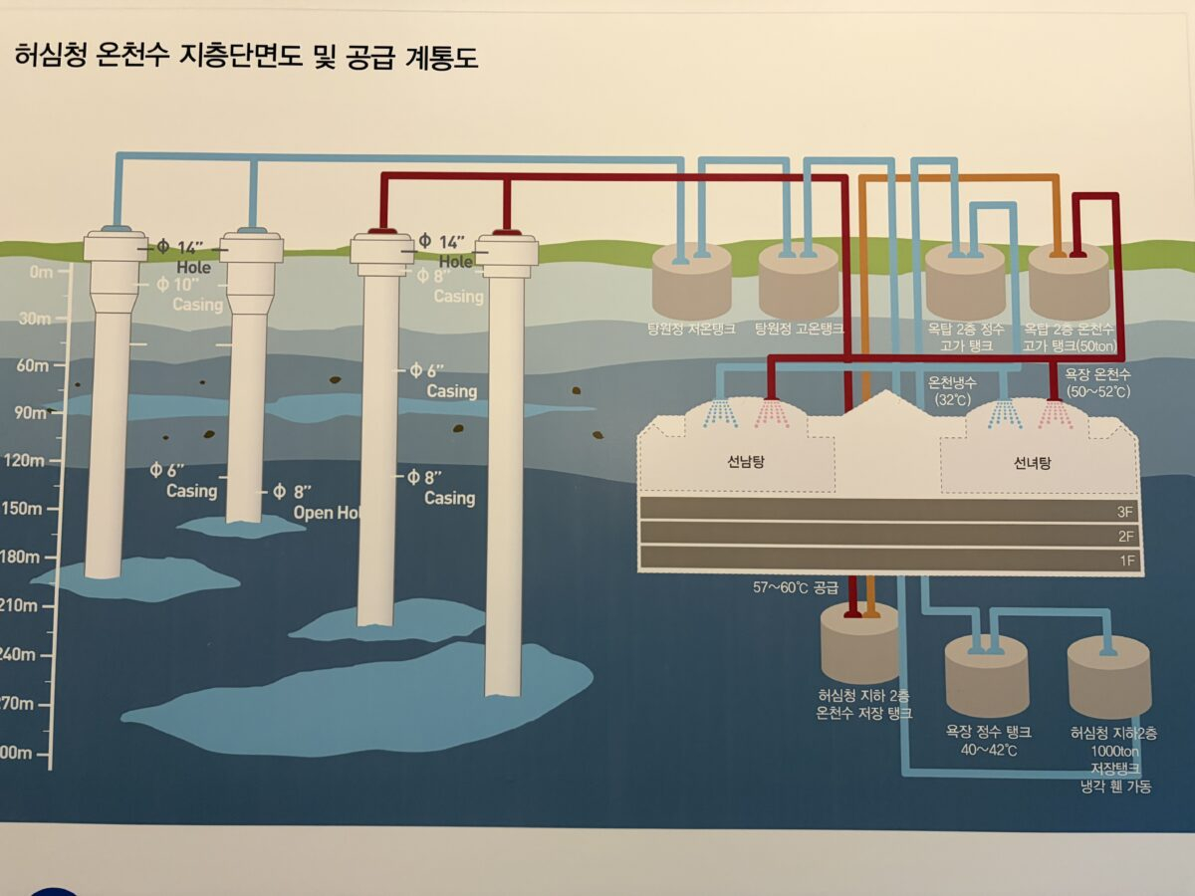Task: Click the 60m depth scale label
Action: [x=32, y=365]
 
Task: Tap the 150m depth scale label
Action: [x=26, y=509]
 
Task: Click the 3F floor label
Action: [x=1126, y=512]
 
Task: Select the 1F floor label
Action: [x=1126, y=561]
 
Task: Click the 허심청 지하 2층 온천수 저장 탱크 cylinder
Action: [x=858, y=645]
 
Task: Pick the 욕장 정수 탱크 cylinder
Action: [x=986, y=677]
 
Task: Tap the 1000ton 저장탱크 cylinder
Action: [x=1109, y=681]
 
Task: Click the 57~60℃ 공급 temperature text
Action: [x=796, y=587]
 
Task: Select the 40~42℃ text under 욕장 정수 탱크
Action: [x=987, y=750]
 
